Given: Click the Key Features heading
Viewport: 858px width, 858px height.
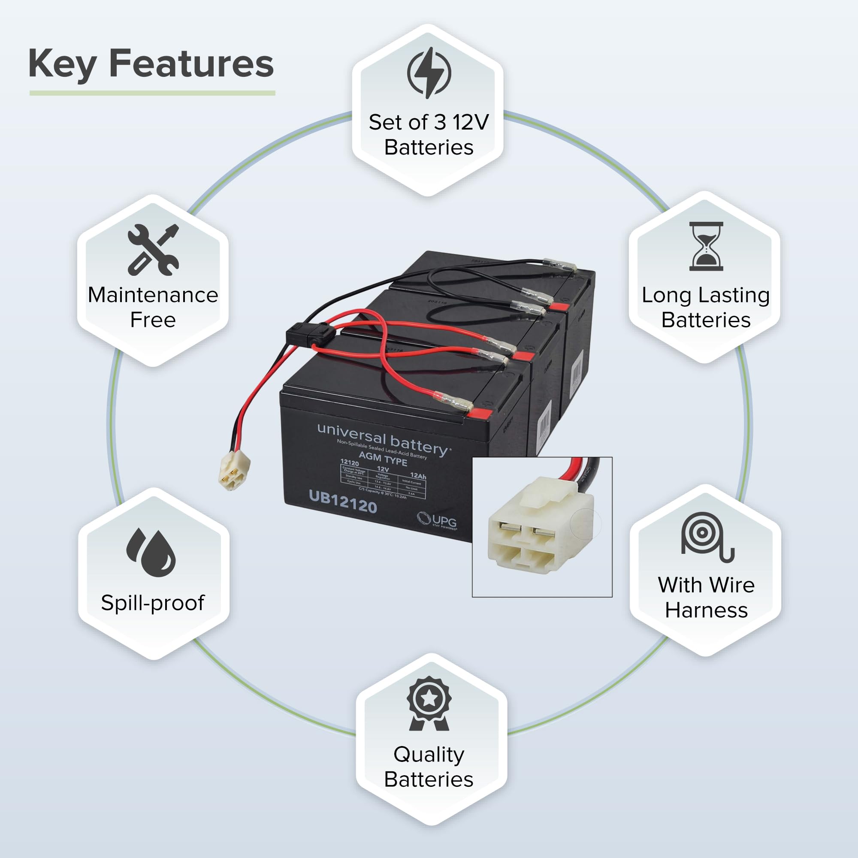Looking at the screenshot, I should [151, 64].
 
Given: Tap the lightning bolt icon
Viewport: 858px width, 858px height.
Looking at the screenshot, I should [429, 73].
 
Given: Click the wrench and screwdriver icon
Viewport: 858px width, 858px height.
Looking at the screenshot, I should [153, 250].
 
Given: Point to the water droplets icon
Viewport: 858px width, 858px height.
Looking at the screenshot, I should [151, 552].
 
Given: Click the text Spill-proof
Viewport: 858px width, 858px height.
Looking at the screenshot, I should [153, 603].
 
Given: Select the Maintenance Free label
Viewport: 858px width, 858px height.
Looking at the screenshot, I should [153, 307].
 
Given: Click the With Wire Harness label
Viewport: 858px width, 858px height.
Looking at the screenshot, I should [706, 597].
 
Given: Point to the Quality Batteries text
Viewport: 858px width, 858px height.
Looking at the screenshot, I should [429, 767].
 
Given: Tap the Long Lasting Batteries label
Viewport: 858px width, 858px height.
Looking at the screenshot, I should [706, 307].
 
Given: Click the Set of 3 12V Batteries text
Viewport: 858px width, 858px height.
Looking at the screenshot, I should [429, 135].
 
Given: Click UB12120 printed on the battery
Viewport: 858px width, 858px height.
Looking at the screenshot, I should [343, 502].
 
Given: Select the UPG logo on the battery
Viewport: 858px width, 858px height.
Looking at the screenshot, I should [438, 520].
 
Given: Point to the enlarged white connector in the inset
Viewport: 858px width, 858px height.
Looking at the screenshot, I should [541, 526].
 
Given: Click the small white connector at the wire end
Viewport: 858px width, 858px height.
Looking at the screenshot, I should [234, 474].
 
